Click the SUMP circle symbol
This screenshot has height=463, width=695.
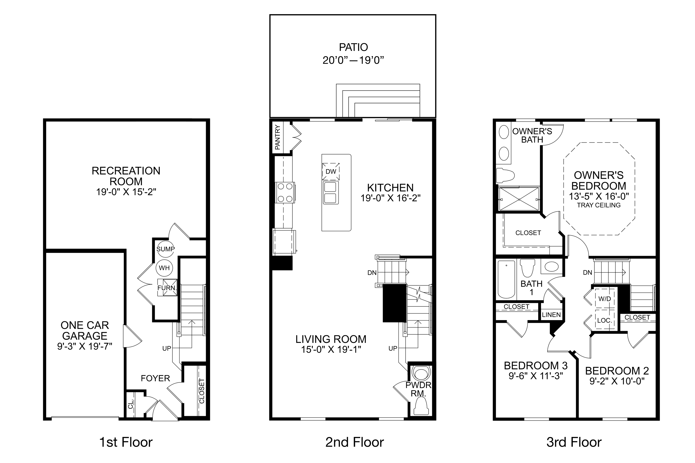coord(165,249)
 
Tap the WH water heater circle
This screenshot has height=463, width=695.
coord(164,268)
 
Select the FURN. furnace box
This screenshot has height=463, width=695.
coord(167,288)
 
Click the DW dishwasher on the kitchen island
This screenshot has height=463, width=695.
coord(331,172)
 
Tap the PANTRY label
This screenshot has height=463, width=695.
coord(277,137)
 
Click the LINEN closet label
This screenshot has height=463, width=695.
coord(551,315)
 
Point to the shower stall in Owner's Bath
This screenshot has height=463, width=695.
coord(519,200)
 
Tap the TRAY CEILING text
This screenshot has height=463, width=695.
coord(599,205)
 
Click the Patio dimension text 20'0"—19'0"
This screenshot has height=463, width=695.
coord(353,60)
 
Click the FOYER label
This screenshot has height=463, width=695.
coord(155,378)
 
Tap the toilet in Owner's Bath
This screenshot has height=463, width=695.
coord(505,175)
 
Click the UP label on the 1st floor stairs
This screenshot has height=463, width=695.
coord(167,348)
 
